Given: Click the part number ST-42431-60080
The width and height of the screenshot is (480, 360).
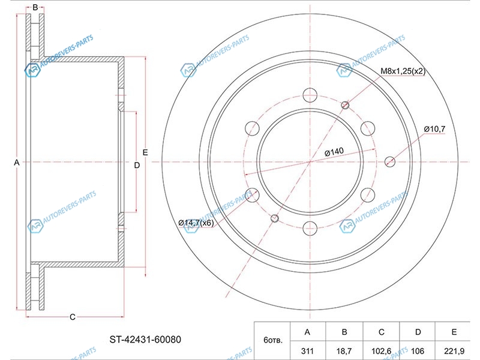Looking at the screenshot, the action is [x=145, y=340].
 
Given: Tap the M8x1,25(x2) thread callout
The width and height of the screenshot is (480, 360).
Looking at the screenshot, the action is [x=403, y=71].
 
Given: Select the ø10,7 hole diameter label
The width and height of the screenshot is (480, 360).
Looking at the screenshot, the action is [x=434, y=129].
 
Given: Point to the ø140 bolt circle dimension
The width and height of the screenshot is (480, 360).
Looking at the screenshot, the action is [x=334, y=152].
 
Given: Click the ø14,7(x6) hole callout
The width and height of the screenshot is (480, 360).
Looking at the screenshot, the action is [x=196, y=223].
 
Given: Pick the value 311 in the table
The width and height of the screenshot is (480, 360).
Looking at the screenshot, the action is [x=307, y=351].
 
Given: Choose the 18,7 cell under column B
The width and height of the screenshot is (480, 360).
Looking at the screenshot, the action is [x=344, y=351].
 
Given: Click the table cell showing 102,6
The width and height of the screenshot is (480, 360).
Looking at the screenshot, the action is [x=381, y=351].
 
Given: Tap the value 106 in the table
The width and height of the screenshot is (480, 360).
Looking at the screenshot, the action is [x=418, y=351].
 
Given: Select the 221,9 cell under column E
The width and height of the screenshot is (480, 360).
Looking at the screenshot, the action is [x=454, y=351].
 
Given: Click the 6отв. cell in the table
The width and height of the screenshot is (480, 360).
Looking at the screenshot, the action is [x=272, y=340].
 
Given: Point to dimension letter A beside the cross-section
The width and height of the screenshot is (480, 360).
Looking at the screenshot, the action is [x=17, y=163].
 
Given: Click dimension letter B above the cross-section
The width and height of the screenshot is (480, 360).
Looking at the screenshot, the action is [x=35, y=7].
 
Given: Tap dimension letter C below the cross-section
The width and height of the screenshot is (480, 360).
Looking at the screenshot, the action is [x=73, y=317].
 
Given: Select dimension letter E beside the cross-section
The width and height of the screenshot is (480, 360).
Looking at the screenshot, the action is [x=145, y=152].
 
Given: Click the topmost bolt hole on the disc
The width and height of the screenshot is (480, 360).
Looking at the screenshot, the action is [x=310, y=95].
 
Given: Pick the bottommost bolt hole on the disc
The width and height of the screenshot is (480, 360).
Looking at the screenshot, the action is [x=310, y=229].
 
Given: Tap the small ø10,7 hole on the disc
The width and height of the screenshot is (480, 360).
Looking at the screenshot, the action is [x=389, y=161].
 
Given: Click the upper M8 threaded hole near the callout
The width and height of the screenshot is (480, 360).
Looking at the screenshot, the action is [x=345, y=106].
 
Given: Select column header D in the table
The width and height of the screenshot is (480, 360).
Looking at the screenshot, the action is [x=418, y=332].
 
